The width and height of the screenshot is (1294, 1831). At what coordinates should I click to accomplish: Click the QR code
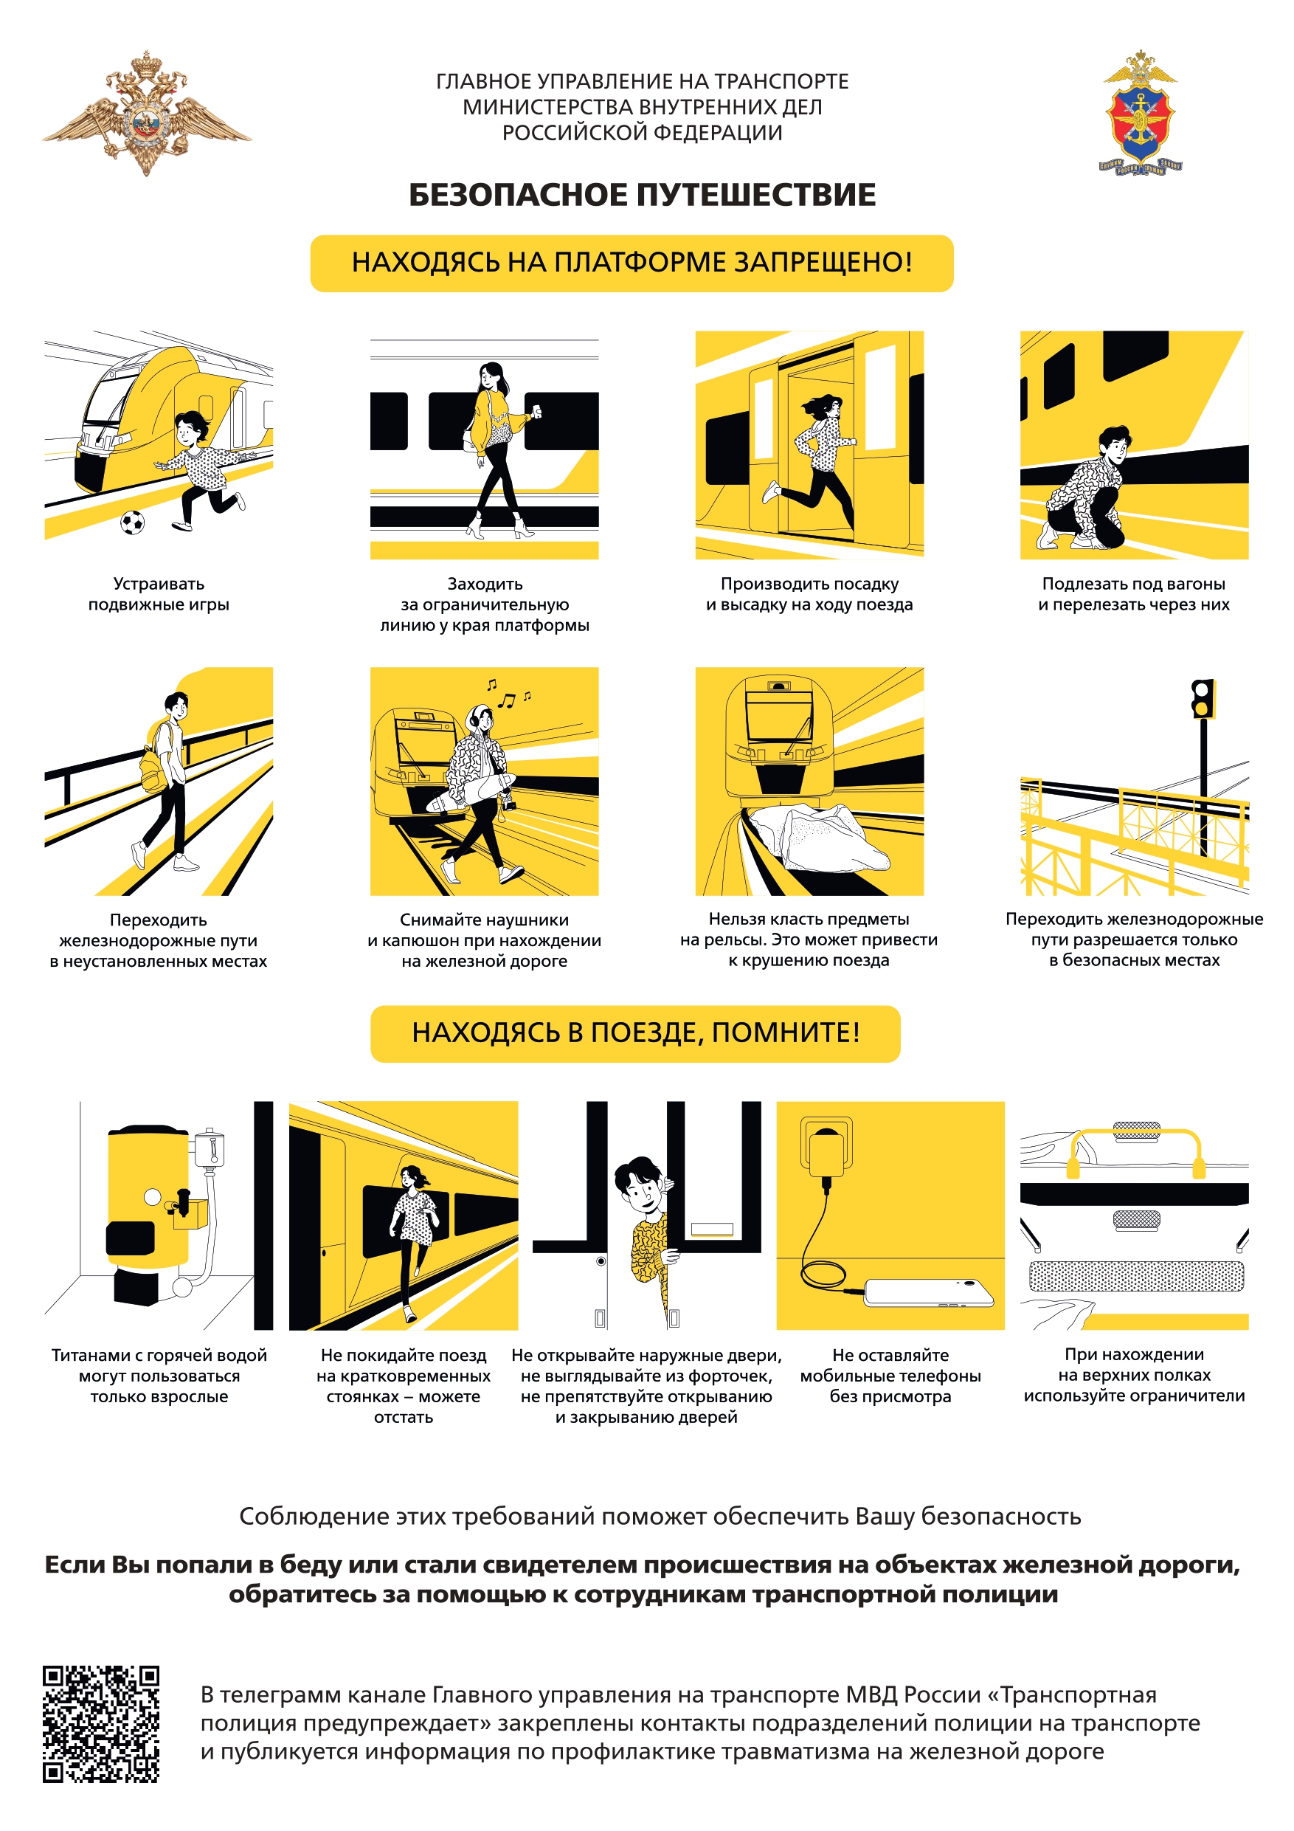pos(101,1723)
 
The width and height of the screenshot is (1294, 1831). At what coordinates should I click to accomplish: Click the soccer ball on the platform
pos(132,523)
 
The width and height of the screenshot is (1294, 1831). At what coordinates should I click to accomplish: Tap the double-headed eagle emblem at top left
pos(147,113)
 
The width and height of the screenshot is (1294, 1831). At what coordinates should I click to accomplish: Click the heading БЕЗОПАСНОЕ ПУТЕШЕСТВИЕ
pos(642,195)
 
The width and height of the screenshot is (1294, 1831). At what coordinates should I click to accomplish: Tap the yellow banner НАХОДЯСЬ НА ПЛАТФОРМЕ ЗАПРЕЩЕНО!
pos(632,263)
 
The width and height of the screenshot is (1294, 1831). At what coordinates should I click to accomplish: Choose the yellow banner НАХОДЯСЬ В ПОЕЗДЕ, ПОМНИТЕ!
pos(635,1033)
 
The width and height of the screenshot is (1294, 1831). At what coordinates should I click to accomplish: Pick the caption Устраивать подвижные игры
pos(159,594)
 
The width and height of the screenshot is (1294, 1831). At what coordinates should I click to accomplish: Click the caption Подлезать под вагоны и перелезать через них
pos(1134,594)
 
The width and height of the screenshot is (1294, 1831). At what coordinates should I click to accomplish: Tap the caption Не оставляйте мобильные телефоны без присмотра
pos(890,1376)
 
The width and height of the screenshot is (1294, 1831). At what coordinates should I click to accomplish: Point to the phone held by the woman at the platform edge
pos(537,412)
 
